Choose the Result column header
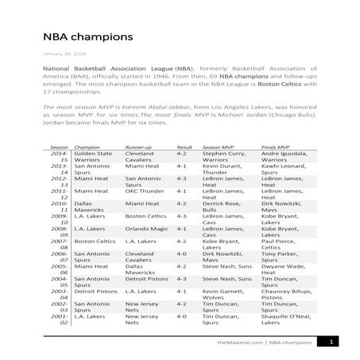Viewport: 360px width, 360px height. click(x=184, y=148)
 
